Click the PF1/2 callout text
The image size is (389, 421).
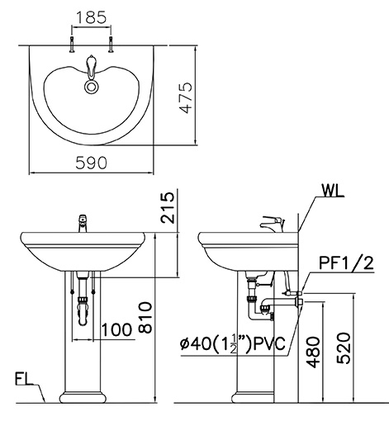coord(344,263)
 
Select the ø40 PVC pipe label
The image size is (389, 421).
coord(234,343)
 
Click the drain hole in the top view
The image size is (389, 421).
coord(91,83)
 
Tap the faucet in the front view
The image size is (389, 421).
coord(82,222)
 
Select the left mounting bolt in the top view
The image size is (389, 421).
coord(73,46)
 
